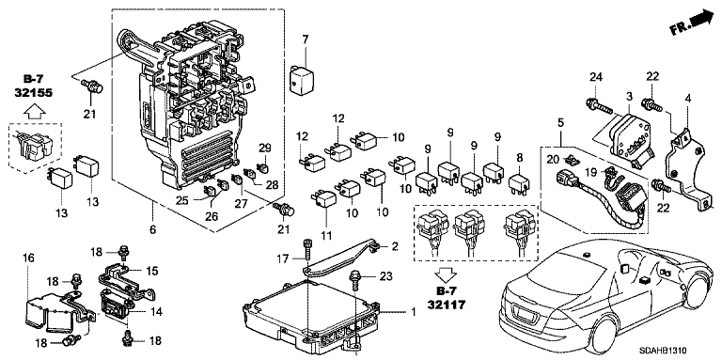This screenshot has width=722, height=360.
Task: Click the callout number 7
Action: [305, 39]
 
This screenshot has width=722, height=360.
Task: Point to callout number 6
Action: [153, 228]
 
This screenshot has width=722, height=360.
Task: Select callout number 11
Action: [326, 236]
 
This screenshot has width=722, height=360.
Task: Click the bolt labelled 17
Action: [308, 252]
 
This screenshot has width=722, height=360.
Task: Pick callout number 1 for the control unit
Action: [413, 312]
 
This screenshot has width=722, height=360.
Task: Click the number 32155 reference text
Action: [33, 92]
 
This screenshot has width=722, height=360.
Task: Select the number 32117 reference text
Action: [446, 304]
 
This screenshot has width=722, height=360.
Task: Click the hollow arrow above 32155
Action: [33, 111]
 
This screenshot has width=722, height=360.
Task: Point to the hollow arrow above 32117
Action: [446, 275]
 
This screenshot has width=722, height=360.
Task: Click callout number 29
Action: [265, 148]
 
